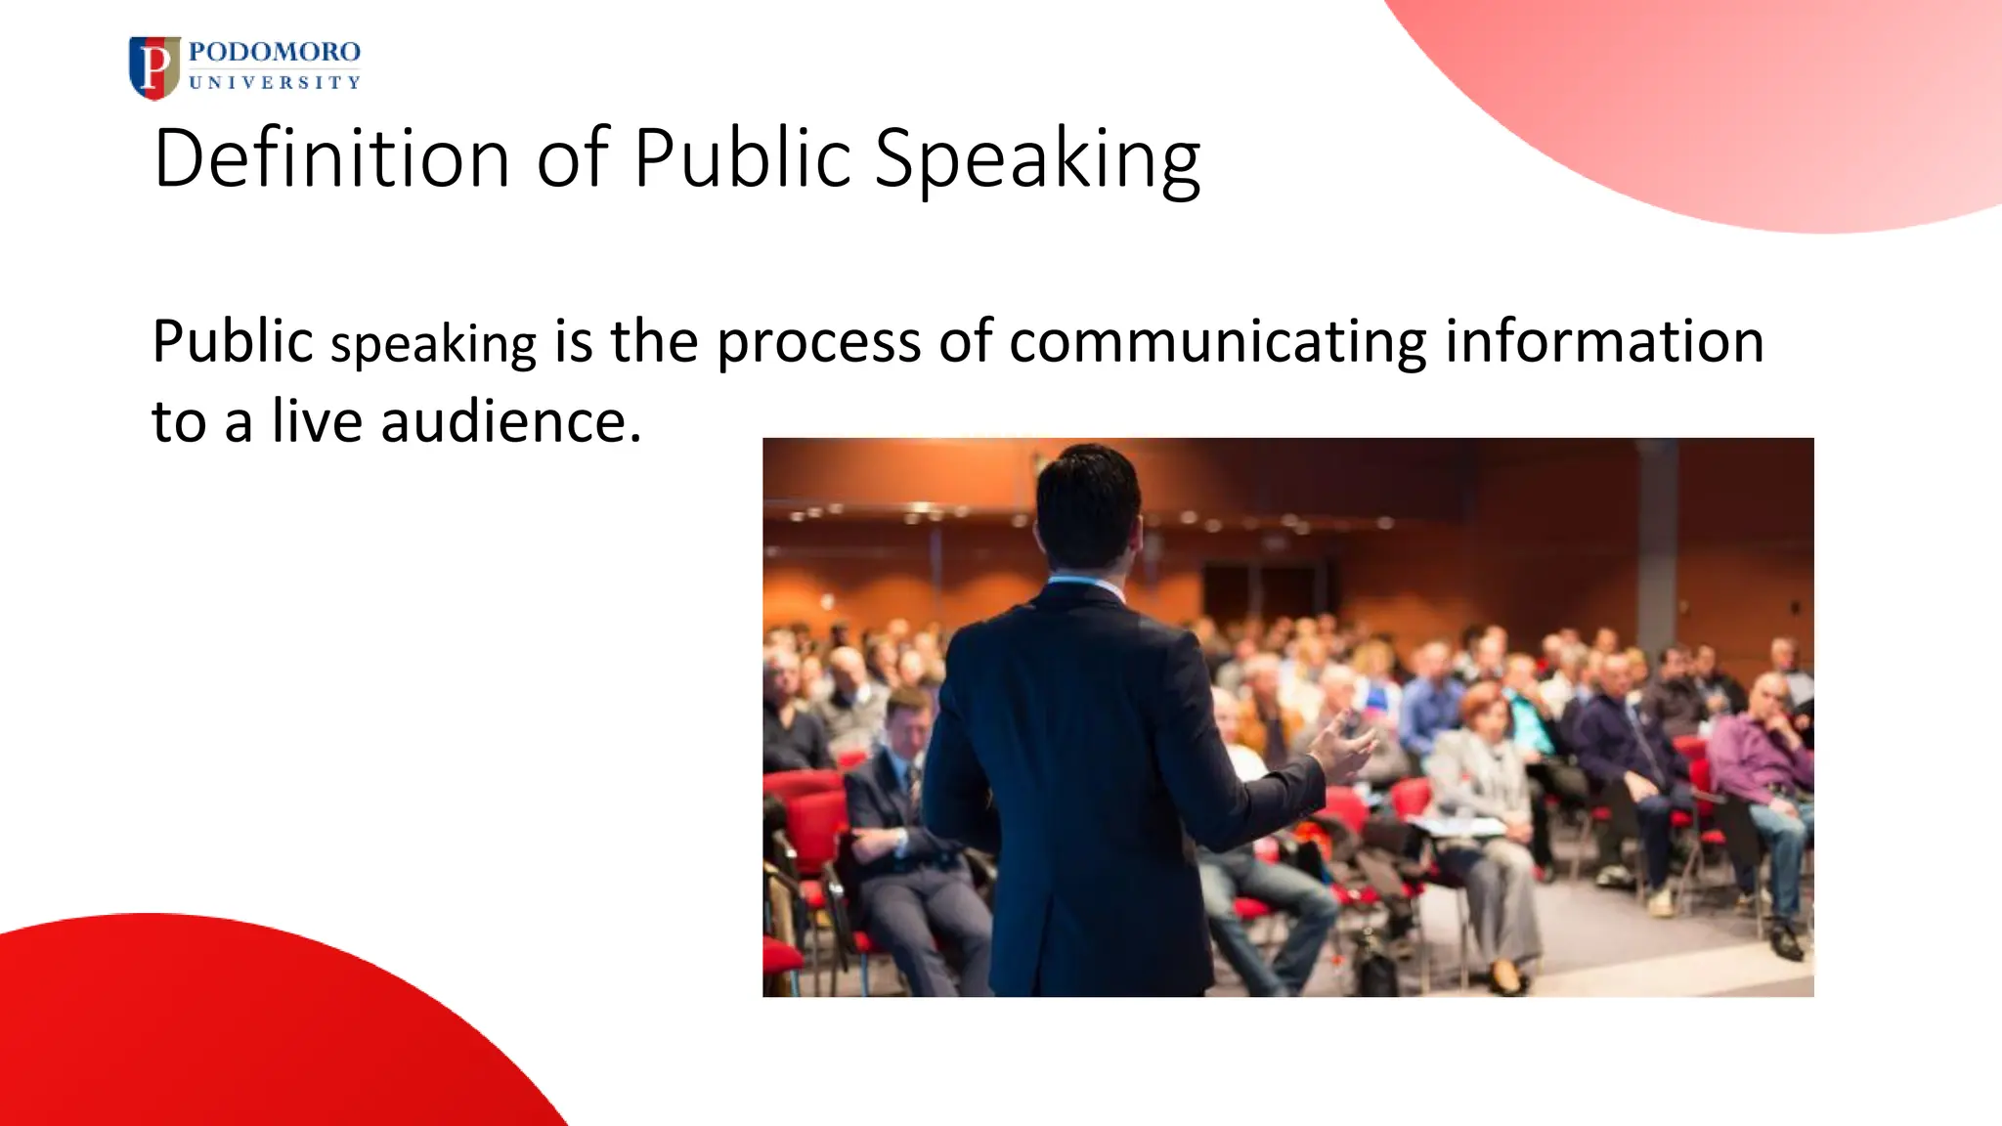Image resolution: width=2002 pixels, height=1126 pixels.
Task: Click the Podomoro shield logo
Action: point(153,67)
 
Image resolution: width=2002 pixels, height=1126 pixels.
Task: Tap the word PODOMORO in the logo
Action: point(275,52)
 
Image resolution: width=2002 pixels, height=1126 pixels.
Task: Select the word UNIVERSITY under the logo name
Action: point(275,83)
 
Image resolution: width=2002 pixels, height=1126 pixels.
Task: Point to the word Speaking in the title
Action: point(1037,159)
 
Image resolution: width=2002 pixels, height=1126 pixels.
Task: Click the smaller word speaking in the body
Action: point(434,345)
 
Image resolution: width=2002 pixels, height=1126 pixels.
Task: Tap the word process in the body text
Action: point(818,343)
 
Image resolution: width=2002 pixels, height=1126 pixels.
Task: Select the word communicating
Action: point(1217,343)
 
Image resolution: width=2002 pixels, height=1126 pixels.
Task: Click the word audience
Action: point(510,421)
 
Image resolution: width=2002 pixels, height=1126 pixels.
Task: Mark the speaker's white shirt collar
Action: point(1086,585)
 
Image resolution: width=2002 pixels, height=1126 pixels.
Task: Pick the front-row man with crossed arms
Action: point(899,801)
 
